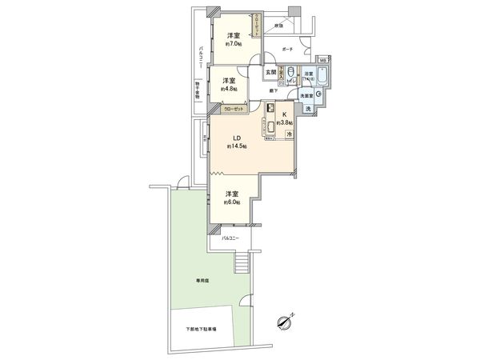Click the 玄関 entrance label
(x=272, y=73)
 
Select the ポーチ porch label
(x=288, y=49)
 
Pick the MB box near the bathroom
(x=322, y=60)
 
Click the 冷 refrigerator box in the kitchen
(x=289, y=135)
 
